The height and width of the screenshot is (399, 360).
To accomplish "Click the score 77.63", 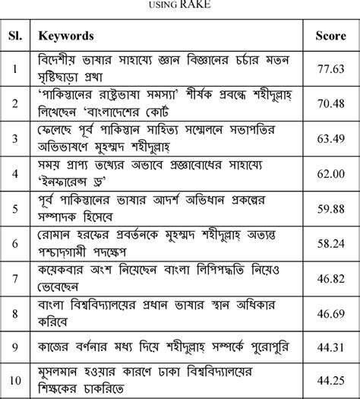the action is point(331,68).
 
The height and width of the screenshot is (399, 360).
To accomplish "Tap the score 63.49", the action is point(331,138).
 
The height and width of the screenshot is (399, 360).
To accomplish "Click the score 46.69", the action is point(331,313).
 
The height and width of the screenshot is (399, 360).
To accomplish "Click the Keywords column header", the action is point(66,36).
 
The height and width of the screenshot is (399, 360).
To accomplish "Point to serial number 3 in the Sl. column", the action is point(14,138).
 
